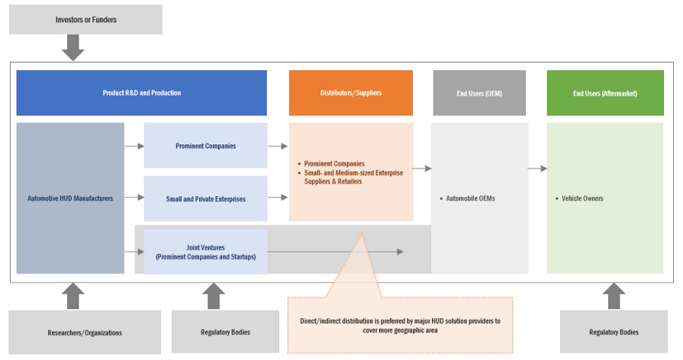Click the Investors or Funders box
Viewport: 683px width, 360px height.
(x=85, y=18)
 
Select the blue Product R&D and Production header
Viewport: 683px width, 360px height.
(x=142, y=93)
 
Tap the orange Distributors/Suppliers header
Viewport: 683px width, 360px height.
(x=350, y=93)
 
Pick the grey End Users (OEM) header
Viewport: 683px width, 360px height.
(x=479, y=93)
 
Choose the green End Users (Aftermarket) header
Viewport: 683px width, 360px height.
(x=605, y=93)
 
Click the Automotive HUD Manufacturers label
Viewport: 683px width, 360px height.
(x=70, y=198)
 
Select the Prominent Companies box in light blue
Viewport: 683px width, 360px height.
(x=205, y=145)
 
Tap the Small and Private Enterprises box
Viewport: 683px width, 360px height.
(x=205, y=198)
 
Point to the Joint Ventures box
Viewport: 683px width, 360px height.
(x=205, y=252)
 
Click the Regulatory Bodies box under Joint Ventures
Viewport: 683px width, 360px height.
(x=215, y=332)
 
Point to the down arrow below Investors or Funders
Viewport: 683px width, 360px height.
(x=73, y=48)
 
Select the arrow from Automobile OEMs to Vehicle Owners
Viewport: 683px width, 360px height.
(x=537, y=169)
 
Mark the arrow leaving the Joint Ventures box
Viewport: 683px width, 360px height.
(x=336, y=251)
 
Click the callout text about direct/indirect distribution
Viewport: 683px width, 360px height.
(x=400, y=326)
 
